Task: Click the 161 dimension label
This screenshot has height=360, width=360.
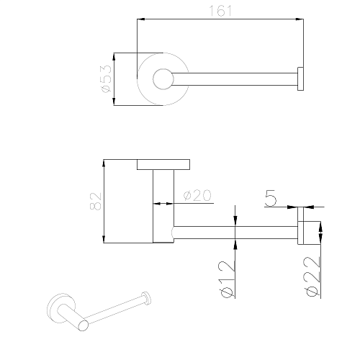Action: pyautogui.click(x=220, y=11)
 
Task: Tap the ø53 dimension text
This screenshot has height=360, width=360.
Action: pyautogui.click(x=107, y=79)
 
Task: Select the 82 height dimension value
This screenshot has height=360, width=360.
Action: pyautogui.click(x=96, y=201)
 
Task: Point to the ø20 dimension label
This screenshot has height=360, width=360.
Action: pyautogui.click(x=197, y=195)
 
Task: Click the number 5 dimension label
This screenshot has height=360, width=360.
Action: pyautogui.click(x=271, y=198)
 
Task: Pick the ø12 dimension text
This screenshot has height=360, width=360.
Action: pyautogui.click(x=226, y=279)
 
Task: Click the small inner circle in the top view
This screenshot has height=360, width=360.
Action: pyautogui.click(x=163, y=79)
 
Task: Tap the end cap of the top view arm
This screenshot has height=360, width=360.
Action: pyautogui.click(x=300, y=79)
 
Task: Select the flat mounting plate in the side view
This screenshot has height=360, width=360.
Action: pyautogui.click(x=163, y=164)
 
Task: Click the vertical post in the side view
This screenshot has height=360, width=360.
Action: pyautogui.click(x=163, y=206)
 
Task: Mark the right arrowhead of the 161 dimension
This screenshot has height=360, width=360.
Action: pyautogui.click(x=300, y=19)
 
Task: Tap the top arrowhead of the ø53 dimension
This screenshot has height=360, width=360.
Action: pyautogui.click(x=114, y=57)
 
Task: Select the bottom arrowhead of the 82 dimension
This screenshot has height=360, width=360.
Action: pyautogui.click(x=104, y=239)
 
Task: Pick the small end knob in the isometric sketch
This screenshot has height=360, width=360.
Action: pyautogui.click(x=146, y=298)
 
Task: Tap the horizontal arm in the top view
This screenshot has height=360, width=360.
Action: pyautogui.click(x=235, y=79)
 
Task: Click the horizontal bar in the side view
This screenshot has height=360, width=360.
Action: pyautogui.click(x=235, y=233)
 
